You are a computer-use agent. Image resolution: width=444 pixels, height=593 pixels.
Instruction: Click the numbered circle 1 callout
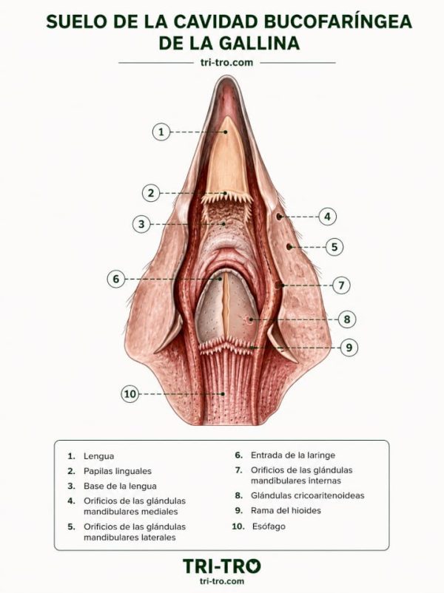coord(161,132)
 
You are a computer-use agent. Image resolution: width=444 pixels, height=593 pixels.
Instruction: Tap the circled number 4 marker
coord(327,217)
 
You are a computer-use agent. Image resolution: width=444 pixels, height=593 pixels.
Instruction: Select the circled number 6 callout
coord(116,279)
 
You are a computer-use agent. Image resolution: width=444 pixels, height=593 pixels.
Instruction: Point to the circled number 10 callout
coord(129,393)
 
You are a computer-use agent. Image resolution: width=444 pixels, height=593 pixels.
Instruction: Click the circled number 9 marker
coord(349,348)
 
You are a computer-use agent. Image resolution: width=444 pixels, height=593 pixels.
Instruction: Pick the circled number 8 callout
coord(347,319)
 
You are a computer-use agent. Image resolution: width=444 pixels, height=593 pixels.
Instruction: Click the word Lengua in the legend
coord(99,456)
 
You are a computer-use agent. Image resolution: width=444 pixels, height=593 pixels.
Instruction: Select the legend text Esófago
coord(269,526)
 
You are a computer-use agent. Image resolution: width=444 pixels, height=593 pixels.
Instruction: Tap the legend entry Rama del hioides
coord(286,510)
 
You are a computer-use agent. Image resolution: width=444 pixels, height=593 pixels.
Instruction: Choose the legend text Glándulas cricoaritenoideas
coord(307,495)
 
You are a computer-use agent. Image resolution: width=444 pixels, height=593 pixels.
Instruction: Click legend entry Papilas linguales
coord(118,471)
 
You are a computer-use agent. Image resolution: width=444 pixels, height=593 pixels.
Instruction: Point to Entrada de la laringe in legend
coord(293,455)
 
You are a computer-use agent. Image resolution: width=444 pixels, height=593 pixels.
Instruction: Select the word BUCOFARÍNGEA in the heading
coord(338,21)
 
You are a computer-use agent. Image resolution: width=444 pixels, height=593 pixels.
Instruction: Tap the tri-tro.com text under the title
coord(226,62)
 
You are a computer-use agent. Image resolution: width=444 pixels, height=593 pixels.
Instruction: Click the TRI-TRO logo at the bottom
coord(222,566)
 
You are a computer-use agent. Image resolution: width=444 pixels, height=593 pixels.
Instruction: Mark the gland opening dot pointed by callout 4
coord(279,217)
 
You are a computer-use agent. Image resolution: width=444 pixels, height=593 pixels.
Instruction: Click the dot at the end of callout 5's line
coord(289,247)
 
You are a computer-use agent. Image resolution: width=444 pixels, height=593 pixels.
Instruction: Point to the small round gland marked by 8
coord(249,319)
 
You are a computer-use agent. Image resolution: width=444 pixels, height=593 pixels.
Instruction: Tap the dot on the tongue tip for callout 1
coord(226,132)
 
